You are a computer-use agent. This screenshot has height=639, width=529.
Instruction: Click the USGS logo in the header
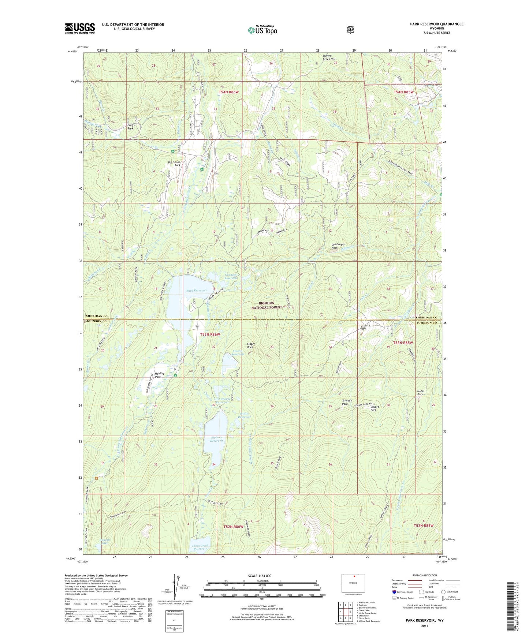click(x=80, y=28)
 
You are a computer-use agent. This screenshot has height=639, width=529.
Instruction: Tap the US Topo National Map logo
click(x=262, y=30)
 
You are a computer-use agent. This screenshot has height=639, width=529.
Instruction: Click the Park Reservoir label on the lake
click(x=197, y=290)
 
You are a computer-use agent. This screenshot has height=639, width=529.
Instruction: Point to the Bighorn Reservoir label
click(x=217, y=439)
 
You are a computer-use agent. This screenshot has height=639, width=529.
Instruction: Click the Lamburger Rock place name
click(x=338, y=246)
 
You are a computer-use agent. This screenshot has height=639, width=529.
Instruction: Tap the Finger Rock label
click(x=251, y=345)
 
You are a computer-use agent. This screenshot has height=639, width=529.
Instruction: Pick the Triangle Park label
click(x=347, y=402)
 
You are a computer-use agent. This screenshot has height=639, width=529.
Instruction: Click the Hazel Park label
click(x=420, y=392)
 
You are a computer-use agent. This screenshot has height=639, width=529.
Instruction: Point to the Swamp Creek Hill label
click(x=329, y=57)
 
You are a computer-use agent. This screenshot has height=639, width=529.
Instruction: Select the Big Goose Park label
click(x=174, y=163)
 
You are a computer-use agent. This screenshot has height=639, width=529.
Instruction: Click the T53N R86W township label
click(x=210, y=335)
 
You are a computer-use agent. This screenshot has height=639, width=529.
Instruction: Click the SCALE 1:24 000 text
click(x=260, y=576)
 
